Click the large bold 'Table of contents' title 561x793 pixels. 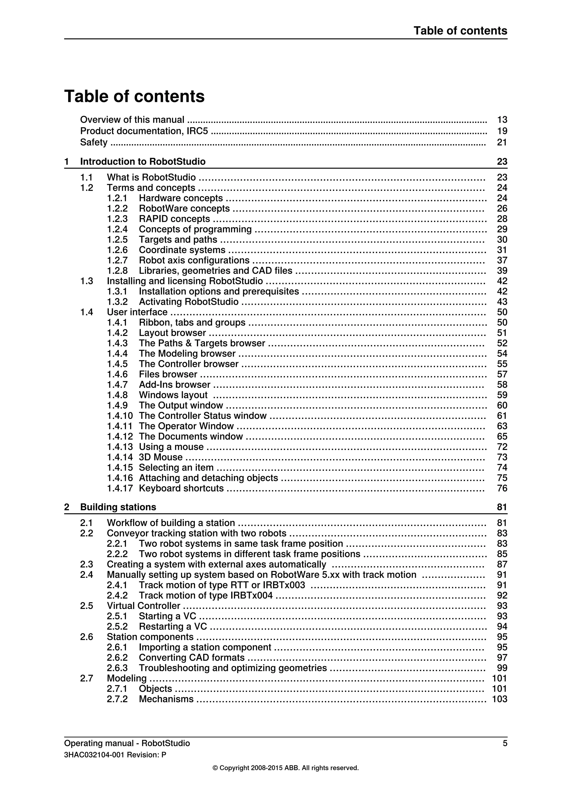pos(134,96)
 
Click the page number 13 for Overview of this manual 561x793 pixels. pos(502,120)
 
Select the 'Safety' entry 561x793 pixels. pos(94,142)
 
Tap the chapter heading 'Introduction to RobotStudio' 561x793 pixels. pos(143,162)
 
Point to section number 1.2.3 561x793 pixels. pos(117,219)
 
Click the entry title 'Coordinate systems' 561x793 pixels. pos(182,250)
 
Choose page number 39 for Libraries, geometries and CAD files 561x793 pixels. pos(502,271)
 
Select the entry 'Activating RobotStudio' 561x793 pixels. pos(189,302)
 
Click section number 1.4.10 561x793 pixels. pos(119,416)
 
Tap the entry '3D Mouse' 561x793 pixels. pos(161,457)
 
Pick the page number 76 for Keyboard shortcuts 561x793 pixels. pos(502,489)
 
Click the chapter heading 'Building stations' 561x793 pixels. pos(118,507)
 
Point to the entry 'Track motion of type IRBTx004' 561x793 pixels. pos(205,596)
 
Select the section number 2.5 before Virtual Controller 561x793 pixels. pos(87,606)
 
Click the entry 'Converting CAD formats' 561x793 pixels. pos(192,658)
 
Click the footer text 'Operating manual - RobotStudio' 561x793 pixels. pos(127,743)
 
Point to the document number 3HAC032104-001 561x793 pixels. pos(94,755)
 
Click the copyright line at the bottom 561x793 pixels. pos(285,768)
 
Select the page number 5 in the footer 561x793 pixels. pos(505,743)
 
